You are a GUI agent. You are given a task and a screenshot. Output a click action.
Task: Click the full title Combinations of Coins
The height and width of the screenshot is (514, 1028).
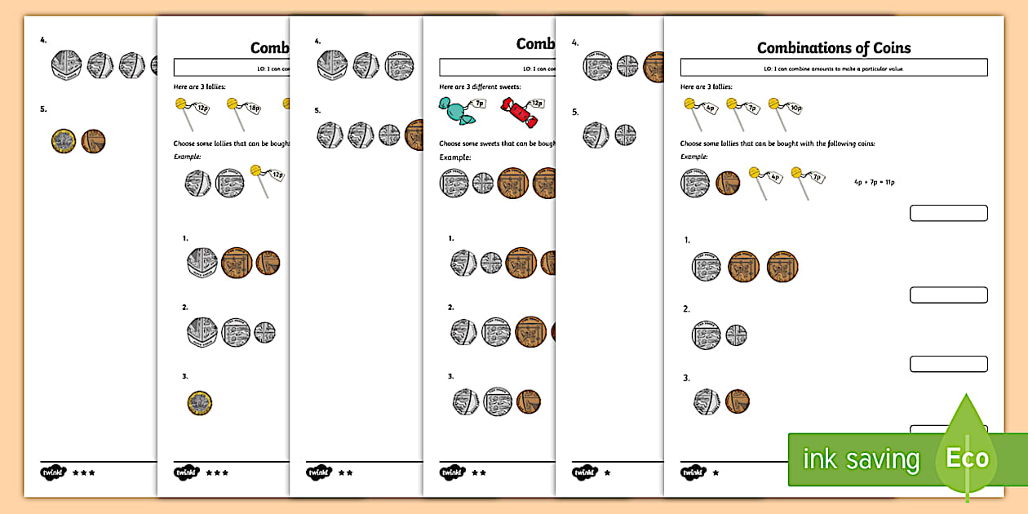point(833,48)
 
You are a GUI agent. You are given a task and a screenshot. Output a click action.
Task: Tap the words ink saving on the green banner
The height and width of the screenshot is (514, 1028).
point(860,459)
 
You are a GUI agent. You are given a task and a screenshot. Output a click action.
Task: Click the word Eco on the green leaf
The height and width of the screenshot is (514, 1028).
point(968,458)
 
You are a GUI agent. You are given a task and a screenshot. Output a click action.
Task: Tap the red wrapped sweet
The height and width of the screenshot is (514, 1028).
point(518,113)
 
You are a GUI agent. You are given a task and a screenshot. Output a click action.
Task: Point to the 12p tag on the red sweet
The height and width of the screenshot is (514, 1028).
point(536,104)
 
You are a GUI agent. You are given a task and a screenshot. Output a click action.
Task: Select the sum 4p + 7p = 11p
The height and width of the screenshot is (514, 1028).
point(873,181)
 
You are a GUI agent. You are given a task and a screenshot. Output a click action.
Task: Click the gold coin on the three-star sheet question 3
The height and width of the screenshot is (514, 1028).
point(199,401)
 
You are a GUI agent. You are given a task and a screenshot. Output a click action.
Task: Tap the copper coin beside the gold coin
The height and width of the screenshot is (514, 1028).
point(93,141)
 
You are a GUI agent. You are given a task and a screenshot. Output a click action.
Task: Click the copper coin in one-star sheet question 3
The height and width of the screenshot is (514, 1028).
point(737,401)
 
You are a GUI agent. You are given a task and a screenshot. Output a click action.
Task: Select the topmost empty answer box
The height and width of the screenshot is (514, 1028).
point(948,213)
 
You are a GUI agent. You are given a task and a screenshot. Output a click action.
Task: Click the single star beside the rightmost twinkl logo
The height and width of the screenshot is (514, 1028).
point(716,472)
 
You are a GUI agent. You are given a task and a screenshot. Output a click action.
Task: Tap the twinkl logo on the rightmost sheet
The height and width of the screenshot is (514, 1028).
point(693,472)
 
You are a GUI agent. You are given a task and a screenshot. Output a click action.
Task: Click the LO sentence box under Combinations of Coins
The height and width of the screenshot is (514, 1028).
point(833,68)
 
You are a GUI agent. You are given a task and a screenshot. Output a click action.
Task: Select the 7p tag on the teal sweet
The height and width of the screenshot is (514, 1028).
point(480,104)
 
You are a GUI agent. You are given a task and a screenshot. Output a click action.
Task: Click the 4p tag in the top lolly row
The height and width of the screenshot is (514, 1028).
point(711,107)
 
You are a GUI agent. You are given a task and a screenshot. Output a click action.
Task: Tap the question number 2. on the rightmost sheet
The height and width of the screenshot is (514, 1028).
point(686,309)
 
